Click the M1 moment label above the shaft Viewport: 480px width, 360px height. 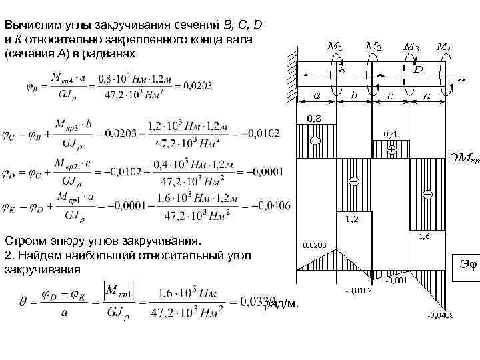point(335,47)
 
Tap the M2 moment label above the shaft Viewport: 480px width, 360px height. point(374,47)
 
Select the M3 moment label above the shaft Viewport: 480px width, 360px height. point(412,47)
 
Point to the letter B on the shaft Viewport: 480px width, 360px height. point(341,69)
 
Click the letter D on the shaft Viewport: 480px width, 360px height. point(418,69)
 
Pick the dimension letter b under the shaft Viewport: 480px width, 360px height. point(354,96)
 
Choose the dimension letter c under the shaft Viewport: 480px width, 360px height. point(390,96)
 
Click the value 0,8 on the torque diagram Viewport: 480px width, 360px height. point(313,118)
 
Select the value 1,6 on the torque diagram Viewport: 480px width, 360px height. point(423,235)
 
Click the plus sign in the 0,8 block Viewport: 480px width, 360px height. point(314,141)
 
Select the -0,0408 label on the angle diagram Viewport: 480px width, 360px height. point(440,315)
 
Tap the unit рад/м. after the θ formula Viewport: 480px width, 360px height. point(281,304)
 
